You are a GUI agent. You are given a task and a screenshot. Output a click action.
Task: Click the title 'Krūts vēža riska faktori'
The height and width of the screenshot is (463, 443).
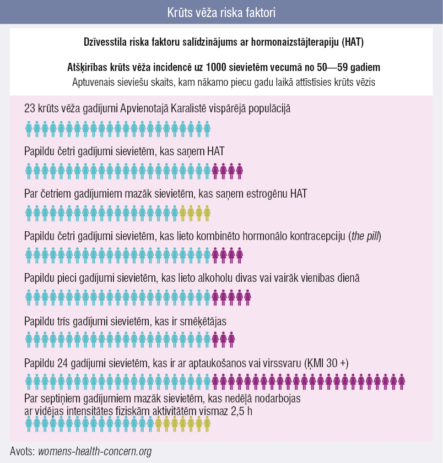[x=221, y=12]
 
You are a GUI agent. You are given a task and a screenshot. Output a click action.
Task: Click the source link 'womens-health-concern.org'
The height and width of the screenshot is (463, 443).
[x=95, y=451]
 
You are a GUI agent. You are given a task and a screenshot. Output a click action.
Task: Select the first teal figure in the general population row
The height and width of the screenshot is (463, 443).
[x=29, y=128]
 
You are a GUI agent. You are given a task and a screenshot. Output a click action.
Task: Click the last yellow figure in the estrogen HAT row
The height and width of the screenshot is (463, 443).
[x=207, y=213]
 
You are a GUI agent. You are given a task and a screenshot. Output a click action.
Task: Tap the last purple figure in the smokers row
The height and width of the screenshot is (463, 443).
[x=231, y=339]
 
